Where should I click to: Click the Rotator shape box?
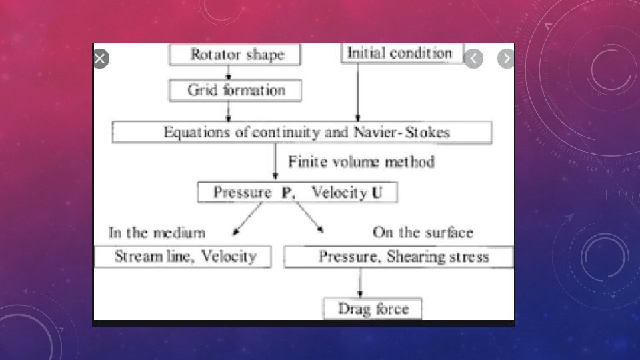[x=235, y=54]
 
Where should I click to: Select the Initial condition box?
[x=402, y=53]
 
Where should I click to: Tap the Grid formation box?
[x=235, y=90]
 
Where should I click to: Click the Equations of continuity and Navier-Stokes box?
[x=302, y=132]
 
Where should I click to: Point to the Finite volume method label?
[x=361, y=162]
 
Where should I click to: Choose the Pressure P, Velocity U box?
[x=298, y=193]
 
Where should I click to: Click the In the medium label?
[x=157, y=233]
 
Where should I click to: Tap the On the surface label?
[x=423, y=233]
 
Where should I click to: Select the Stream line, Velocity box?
[x=183, y=257]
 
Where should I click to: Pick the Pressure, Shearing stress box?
[x=399, y=257]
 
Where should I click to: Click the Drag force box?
[x=373, y=309]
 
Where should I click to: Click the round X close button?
[x=100, y=59]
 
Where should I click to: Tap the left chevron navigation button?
[x=473, y=59]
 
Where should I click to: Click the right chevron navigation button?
[x=506, y=59]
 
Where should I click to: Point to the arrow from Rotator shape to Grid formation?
[x=229, y=73]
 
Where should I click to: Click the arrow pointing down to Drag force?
[x=361, y=283]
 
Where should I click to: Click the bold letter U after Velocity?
[x=377, y=193]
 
